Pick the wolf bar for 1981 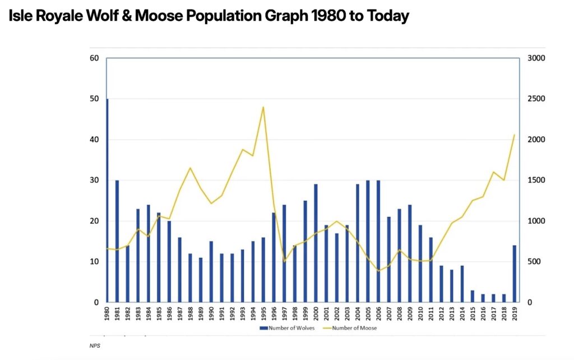coord(117,241)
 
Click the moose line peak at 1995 coord(263,107)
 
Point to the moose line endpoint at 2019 coord(514,135)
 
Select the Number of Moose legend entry coord(352,328)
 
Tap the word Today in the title coord(388,16)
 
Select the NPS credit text coord(94,346)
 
